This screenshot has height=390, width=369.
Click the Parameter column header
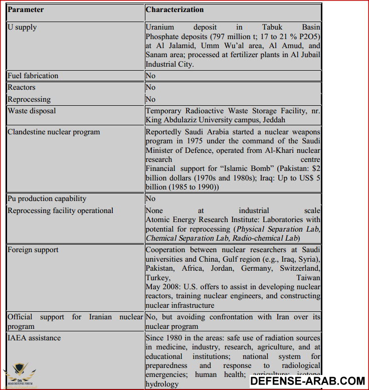click(x=26, y=10)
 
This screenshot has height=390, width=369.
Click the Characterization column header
click(x=174, y=10)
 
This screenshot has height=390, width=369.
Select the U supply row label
click(x=22, y=27)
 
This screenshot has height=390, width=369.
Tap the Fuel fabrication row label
click(x=33, y=76)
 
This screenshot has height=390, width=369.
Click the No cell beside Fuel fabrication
click(x=150, y=76)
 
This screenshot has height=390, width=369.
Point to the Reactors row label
click(x=22, y=87)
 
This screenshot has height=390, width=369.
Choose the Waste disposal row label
click(x=32, y=110)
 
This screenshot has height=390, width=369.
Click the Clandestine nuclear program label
click(x=54, y=132)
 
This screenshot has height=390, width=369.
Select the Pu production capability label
click(x=47, y=199)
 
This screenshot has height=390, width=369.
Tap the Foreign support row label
click(x=33, y=250)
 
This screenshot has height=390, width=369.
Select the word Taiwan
click(x=308, y=277)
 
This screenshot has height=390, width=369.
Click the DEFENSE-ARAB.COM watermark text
click(x=307, y=381)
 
